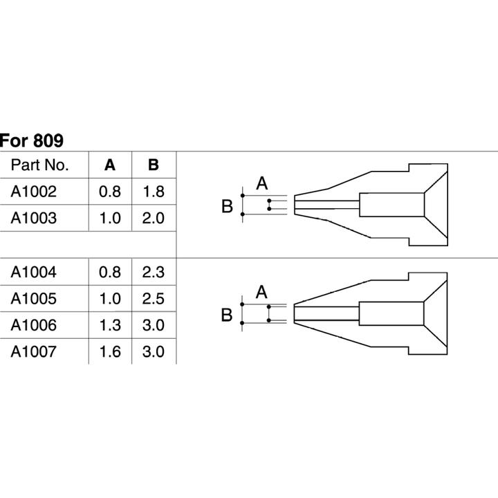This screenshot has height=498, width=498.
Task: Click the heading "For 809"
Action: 31,140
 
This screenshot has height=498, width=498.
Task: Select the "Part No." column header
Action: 39,165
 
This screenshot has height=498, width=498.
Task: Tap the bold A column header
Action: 110,165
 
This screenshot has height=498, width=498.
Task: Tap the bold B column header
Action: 154,165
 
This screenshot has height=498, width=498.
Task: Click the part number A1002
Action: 34,192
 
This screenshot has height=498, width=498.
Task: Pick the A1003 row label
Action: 34,218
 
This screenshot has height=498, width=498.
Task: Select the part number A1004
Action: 34,273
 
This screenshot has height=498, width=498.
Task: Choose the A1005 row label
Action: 34,299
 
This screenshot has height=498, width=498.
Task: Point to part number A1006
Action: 34,325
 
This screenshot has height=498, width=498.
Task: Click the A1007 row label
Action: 34,351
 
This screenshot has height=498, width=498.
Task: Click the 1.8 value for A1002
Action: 154,192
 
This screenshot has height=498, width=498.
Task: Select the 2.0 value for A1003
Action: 153,218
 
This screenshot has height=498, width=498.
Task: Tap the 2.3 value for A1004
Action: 153,273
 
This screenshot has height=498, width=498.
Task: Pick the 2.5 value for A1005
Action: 153,299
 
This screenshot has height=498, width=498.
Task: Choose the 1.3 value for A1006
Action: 110,325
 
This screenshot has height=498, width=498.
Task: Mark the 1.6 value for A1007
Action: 110,351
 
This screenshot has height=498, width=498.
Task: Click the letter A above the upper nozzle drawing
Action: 262,183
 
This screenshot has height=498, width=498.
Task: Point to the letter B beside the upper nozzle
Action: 227,206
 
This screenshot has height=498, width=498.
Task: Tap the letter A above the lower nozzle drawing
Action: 261,292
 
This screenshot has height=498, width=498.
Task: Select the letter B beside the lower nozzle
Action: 227,315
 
